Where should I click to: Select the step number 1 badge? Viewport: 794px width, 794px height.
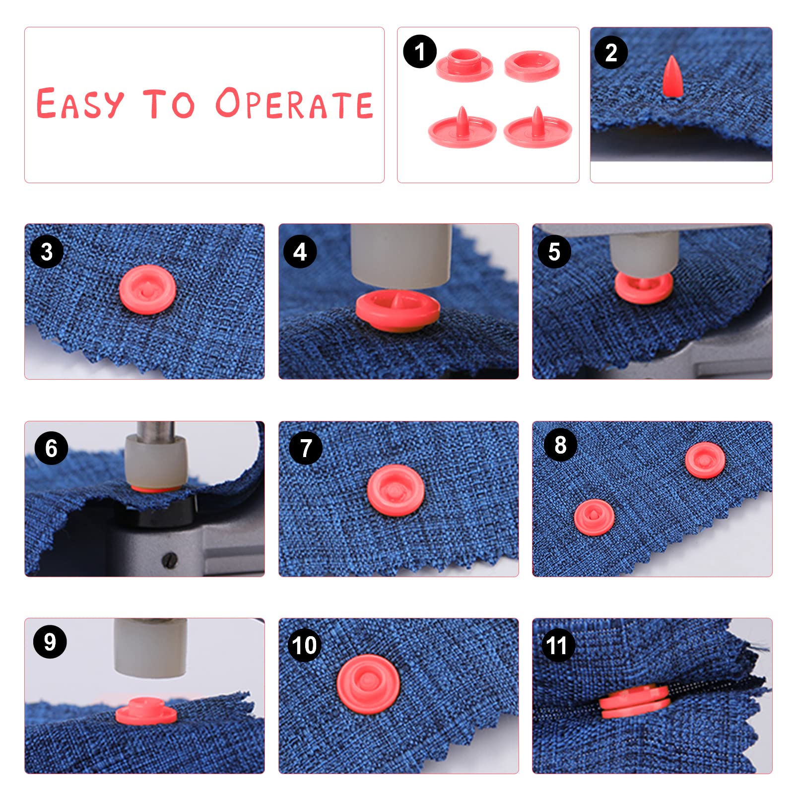coord(420,51)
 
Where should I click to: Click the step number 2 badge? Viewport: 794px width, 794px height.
coord(611,52)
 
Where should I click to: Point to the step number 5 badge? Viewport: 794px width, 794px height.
coord(554,252)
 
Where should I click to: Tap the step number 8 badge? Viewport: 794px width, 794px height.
coord(560,445)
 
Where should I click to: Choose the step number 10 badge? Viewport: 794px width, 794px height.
coord(305,645)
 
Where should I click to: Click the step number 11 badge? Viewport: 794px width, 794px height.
coord(556,645)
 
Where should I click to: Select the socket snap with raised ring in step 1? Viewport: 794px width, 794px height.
coord(464,65)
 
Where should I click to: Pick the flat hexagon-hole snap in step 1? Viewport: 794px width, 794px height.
coord(532,66)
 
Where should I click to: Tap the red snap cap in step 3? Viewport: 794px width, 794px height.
coord(147,290)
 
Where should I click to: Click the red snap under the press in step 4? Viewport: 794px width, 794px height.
coord(398,311)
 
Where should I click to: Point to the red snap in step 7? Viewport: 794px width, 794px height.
coord(396,490)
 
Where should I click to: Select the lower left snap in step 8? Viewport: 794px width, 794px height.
coord(594,518)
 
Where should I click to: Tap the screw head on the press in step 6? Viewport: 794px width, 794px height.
coord(169,559)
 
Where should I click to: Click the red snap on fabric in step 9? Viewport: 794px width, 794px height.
coord(146,711)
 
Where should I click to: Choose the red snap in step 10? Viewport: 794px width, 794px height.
coord(368,684)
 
